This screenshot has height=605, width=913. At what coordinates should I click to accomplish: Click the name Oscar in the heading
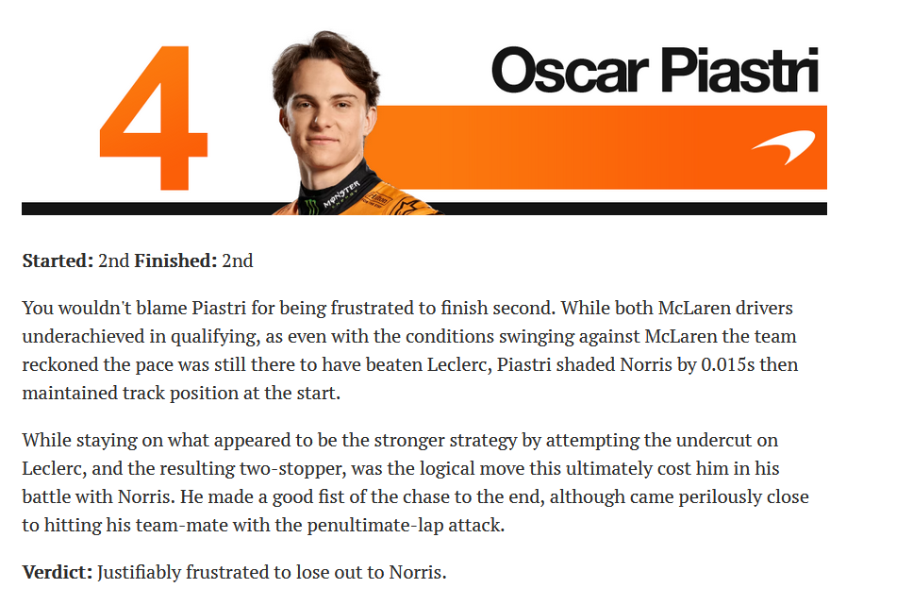coord(570,71)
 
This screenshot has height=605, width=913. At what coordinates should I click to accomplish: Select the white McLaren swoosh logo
coord(784,146)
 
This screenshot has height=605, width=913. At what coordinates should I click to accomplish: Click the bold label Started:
coord(58,260)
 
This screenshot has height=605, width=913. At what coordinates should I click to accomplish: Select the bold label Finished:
coord(175,260)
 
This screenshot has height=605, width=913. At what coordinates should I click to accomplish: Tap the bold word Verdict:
coord(57,572)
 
